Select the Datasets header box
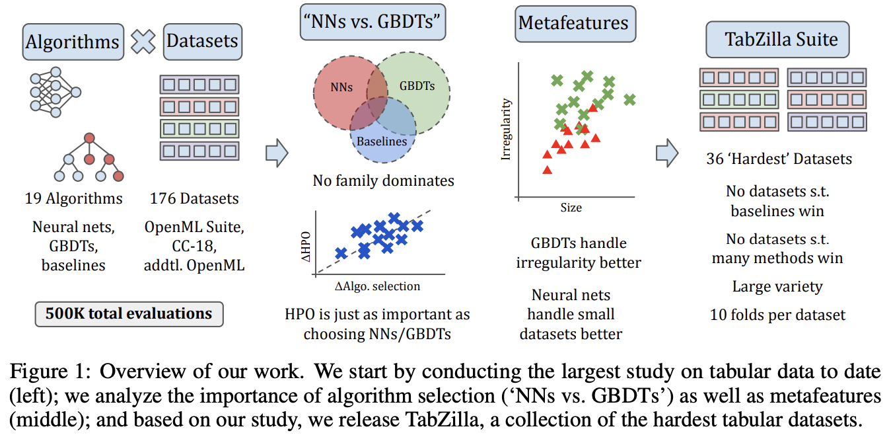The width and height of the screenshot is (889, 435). [x=202, y=42]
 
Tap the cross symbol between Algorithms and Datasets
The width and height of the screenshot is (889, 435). [x=143, y=42]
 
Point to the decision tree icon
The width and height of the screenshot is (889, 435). [x=89, y=159]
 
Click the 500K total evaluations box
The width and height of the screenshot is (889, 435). [x=128, y=313]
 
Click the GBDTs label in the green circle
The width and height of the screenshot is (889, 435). [x=417, y=86]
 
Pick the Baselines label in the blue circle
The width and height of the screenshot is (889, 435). [x=382, y=141]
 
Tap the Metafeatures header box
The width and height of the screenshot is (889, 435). [x=573, y=23]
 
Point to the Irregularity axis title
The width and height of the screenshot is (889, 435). [x=507, y=130]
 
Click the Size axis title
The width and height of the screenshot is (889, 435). [x=571, y=208]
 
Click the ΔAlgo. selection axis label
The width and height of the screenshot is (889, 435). [x=378, y=286]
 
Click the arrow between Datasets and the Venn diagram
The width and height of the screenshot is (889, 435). [x=276, y=153]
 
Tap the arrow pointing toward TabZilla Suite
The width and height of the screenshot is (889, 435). [x=666, y=153]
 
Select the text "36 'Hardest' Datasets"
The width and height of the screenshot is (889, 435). [x=779, y=159]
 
